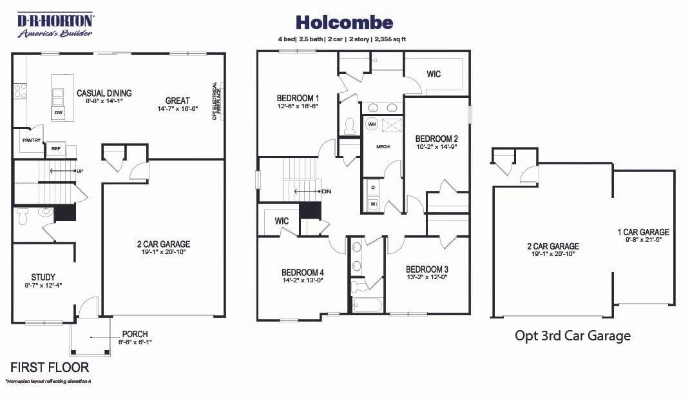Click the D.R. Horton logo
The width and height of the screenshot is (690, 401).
pyautogui.click(x=55, y=24)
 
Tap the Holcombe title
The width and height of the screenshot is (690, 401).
pyautogui.click(x=344, y=23)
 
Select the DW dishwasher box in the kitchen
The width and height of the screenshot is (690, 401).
pyautogui.click(x=58, y=113)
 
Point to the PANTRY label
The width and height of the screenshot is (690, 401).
pyautogui.click(x=31, y=140)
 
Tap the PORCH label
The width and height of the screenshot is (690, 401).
pyautogui.click(x=135, y=334)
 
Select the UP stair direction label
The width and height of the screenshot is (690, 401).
pyautogui.click(x=80, y=171)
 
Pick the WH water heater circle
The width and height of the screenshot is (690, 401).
pyautogui.click(x=372, y=123)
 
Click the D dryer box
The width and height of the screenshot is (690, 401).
pyautogui.click(x=373, y=188)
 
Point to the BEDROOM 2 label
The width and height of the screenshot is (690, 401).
pyautogui.click(x=437, y=139)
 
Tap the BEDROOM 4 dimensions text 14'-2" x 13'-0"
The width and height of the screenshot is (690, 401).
pyautogui.click(x=302, y=280)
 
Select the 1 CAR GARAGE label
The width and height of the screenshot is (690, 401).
pyautogui.click(x=643, y=232)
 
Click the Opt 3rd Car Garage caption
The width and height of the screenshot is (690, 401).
pyautogui.click(x=572, y=336)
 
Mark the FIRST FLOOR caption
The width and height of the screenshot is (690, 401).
pyautogui.click(x=50, y=367)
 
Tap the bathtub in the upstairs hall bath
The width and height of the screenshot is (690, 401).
pyautogui.click(x=367, y=304)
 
